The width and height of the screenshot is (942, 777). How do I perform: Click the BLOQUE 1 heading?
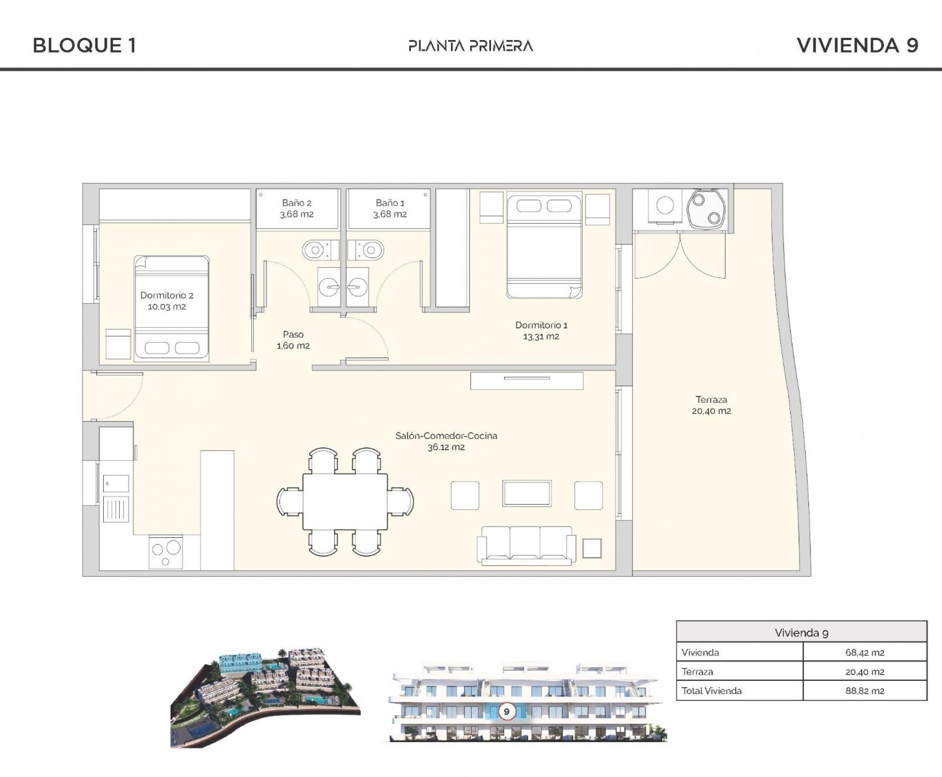click(85, 46)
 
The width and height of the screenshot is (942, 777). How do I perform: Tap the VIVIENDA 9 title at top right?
click(857, 46)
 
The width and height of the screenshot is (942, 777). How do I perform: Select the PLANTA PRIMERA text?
click(471, 46)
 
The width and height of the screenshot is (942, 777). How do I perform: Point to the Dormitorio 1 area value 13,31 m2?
click(541, 337)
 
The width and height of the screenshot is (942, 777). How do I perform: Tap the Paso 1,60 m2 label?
click(293, 340)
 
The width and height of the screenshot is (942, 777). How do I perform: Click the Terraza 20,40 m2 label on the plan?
click(711, 405)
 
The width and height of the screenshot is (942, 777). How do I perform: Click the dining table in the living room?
click(345, 502)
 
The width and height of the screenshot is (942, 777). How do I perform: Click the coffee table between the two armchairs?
click(527, 493)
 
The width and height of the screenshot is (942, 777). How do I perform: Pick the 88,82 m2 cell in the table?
click(865, 691)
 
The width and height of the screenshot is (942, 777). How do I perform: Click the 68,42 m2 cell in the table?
click(865, 652)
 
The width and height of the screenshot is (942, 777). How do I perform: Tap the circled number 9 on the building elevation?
click(507, 711)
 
